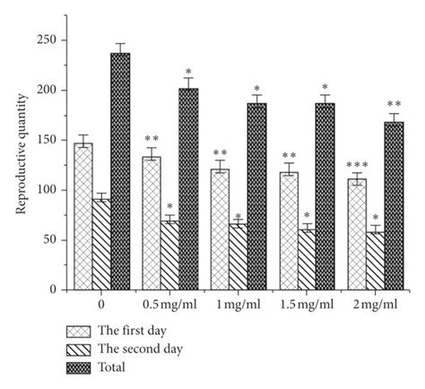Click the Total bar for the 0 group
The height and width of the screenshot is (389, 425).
tap(120, 171)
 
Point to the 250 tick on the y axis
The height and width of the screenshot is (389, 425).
tap(54, 40)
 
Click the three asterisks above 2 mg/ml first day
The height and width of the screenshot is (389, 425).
tap(357, 164)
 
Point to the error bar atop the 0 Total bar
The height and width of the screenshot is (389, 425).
tap(120, 48)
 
